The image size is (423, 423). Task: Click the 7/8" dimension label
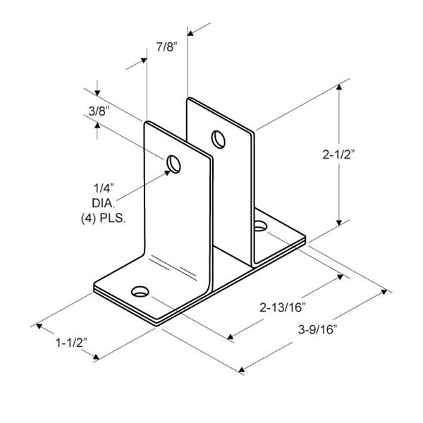[166, 47]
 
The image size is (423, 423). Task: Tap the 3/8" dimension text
[99, 111]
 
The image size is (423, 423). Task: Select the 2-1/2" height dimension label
[338, 154]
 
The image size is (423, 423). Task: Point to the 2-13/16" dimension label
[283, 307]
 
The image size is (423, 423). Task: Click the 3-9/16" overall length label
[318, 329]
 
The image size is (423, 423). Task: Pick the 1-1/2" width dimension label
[71, 343]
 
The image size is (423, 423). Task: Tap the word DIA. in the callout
[104, 203]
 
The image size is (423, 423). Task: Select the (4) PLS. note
[104, 218]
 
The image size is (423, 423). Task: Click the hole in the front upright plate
[173, 164]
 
